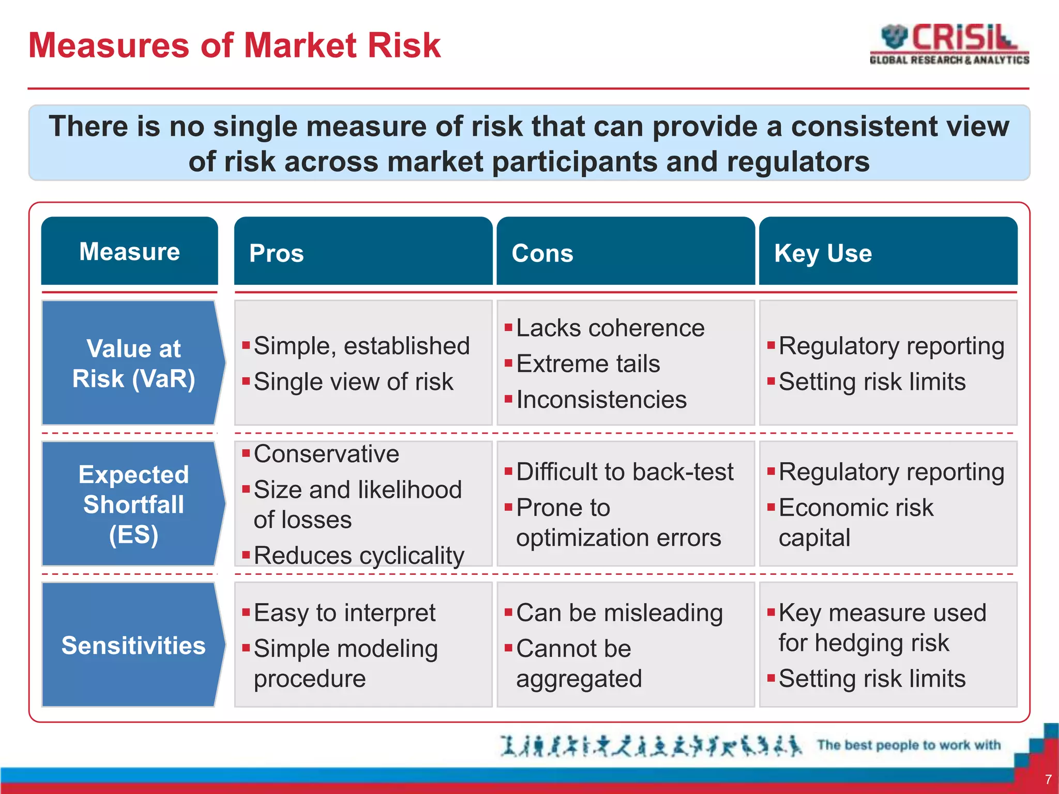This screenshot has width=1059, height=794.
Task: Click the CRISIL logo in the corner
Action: (x=949, y=44)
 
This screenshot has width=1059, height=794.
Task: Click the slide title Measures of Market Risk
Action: (x=234, y=45)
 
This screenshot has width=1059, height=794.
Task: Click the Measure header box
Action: (x=129, y=251)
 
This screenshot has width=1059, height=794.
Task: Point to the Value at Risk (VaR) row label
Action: (x=133, y=363)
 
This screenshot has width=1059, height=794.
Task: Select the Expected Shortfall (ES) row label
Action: (x=133, y=504)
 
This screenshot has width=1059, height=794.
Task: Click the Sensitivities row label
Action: (x=133, y=645)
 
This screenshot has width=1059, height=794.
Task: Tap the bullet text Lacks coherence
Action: (x=610, y=328)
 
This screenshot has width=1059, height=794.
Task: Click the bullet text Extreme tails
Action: (x=588, y=364)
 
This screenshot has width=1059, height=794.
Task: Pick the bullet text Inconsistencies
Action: (x=601, y=400)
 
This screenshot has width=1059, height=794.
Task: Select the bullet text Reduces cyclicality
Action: (x=359, y=556)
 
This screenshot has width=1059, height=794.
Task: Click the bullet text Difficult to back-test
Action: (x=625, y=472)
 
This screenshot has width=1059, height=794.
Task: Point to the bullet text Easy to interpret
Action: (x=344, y=613)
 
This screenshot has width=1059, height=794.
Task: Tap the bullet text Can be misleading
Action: (x=619, y=613)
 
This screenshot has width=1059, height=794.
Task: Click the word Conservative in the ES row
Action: (x=326, y=454)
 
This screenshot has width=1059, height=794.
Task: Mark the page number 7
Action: (x=1048, y=779)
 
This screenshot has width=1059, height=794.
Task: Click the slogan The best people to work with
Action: (x=909, y=745)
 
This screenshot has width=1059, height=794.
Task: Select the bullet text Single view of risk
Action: (x=353, y=382)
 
